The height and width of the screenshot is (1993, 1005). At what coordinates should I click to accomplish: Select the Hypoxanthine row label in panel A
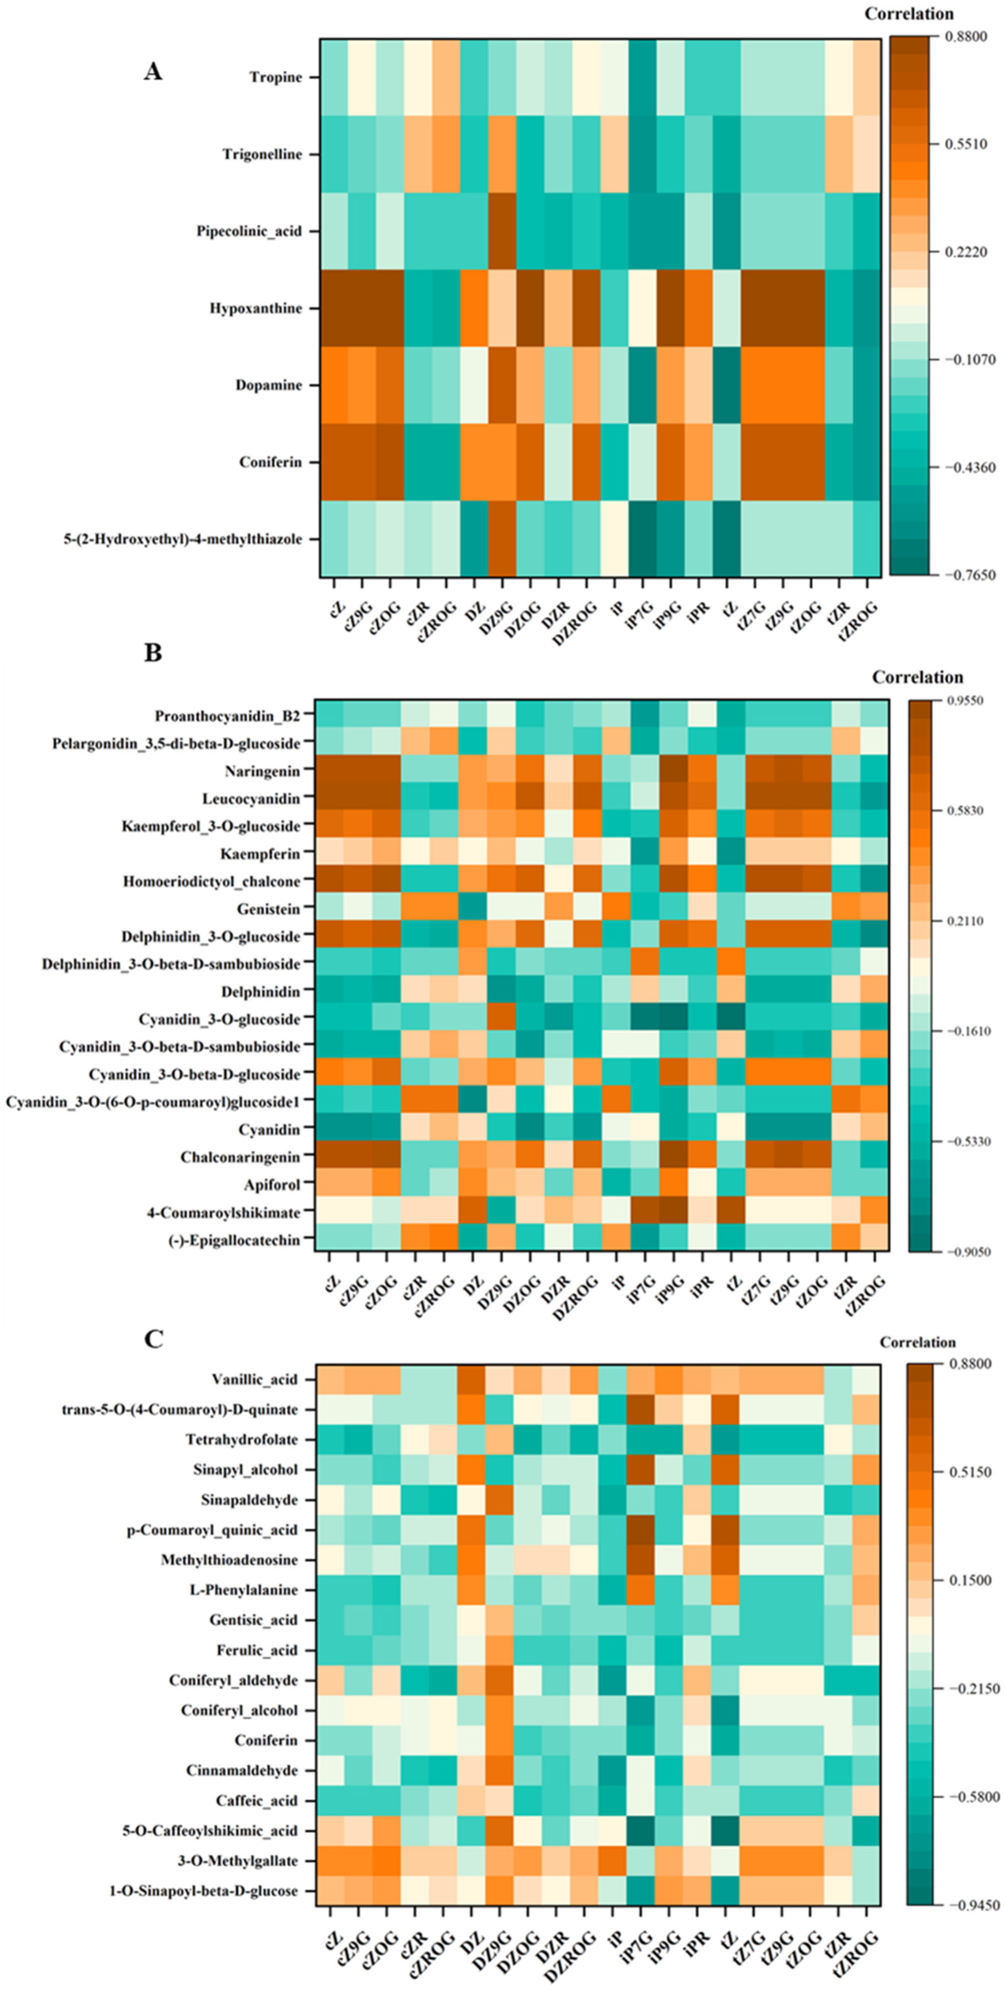click(255, 308)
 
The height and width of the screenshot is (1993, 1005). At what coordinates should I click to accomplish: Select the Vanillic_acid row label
click(254, 1379)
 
